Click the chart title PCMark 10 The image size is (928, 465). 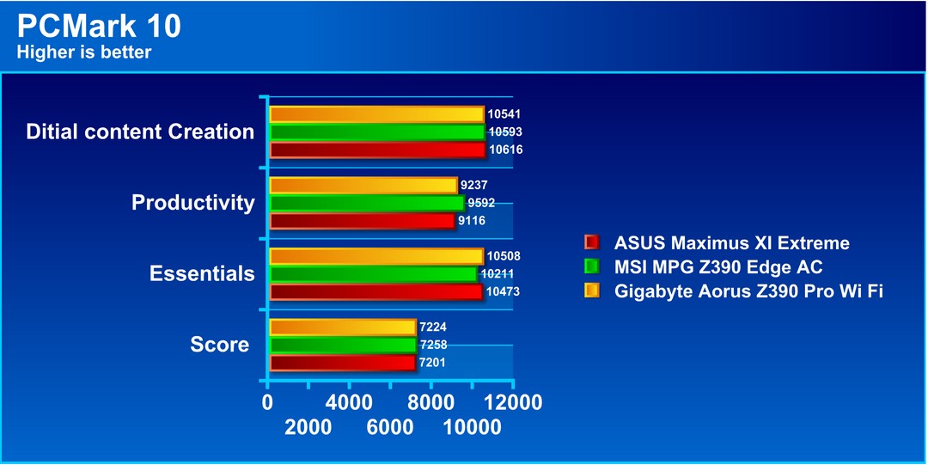(99, 27)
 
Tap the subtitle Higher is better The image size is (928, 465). (84, 52)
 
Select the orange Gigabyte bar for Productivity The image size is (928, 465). (363, 186)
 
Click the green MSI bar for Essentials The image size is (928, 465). (373, 274)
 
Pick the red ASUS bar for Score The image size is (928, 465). (342, 363)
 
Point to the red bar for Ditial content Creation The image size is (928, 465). (377, 150)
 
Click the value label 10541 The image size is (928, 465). (504, 114)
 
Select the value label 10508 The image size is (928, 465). (504, 256)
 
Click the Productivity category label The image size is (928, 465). (193, 203)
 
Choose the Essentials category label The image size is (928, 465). (202, 273)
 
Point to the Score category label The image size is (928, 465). (220, 345)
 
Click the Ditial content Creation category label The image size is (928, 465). (140, 132)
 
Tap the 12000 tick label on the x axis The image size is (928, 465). (512, 403)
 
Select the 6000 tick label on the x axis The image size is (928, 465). (390, 427)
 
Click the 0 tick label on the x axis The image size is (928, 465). (267, 403)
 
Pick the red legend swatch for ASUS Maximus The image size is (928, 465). (591, 243)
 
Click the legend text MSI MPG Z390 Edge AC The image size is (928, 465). (717, 267)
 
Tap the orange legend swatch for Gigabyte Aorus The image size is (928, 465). (591, 291)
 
